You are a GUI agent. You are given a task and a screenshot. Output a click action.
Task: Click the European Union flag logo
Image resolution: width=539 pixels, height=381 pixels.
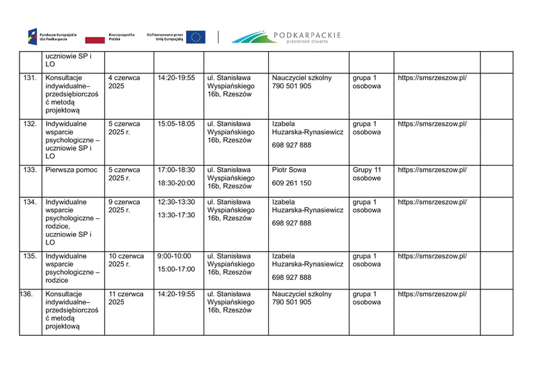[x=196, y=37]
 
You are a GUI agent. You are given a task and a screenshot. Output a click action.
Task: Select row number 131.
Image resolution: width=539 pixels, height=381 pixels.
[x=30, y=78]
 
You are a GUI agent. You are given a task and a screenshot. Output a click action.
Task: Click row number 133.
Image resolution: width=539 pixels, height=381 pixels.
[x=30, y=170]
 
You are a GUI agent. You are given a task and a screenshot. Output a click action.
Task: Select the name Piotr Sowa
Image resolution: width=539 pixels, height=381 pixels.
[x=289, y=170]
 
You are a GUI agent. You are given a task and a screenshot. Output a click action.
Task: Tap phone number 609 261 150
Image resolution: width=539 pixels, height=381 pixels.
[x=292, y=183]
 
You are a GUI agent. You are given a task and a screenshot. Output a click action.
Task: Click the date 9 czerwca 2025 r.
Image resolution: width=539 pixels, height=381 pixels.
[x=124, y=206]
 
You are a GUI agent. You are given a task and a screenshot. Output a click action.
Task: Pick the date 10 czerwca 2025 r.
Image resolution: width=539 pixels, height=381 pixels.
[x=126, y=260]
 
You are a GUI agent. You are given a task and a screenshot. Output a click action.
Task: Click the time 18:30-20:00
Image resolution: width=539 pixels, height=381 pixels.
[x=176, y=183]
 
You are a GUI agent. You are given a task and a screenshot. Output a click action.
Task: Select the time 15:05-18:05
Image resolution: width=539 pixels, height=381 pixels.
[x=176, y=124]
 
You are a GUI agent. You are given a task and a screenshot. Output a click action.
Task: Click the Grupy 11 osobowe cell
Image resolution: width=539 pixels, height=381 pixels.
[x=367, y=174]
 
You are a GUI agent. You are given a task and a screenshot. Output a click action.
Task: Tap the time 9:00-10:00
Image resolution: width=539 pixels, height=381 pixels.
[x=173, y=256]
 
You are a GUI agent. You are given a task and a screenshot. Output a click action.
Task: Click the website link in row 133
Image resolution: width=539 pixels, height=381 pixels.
[x=432, y=170]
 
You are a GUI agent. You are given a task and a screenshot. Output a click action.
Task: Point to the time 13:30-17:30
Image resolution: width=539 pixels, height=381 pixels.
[x=176, y=215]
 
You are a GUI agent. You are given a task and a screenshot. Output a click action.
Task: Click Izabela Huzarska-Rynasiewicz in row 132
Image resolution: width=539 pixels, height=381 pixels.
[x=307, y=128]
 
